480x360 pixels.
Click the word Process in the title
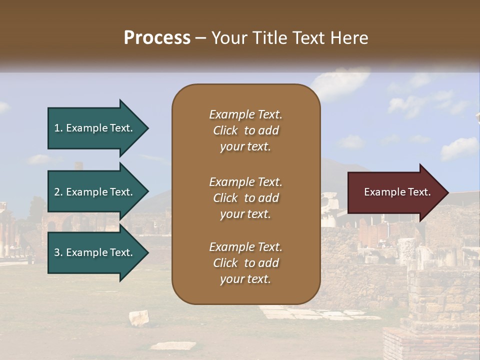(x=157, y=37)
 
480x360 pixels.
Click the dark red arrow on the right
(x=395, y=192)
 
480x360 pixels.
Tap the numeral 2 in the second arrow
(x=57, y=192)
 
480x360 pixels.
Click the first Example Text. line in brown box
(x=245, y=114)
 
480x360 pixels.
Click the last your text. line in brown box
(x=245, y=279)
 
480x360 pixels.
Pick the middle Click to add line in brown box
(x=245, y=198)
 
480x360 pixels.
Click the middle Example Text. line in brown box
(x=245, y=181)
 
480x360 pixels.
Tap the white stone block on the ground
(x=138, y=317)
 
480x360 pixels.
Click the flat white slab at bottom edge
(x=173, y=345)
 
